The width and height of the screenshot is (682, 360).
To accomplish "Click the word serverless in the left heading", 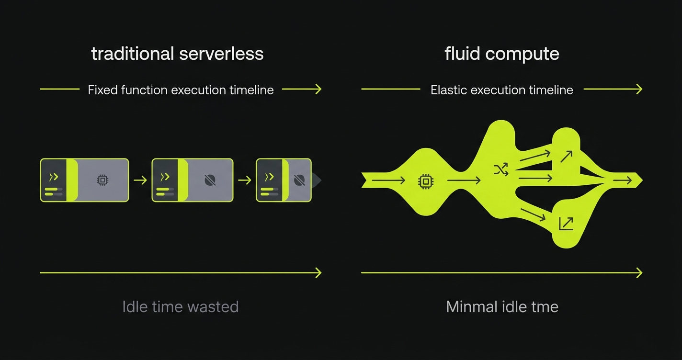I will pyautogui.click(x=221, y=54).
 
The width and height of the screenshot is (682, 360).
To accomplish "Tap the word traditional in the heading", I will pyautogui.click(x=132, y=54).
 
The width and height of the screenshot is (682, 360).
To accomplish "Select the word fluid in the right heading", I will pyautogui.click(x=462, y=54).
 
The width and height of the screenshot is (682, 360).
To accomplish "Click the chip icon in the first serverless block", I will pyautogui.click(x=102, y=180).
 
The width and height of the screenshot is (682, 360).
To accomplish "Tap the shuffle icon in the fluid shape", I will pyautogui.click(x=500, y=169).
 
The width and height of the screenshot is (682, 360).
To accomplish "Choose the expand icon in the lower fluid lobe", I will pyautogui.click(x=566, y=224).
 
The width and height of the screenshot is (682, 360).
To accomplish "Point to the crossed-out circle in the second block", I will pyautogui.click(x=210, y=180).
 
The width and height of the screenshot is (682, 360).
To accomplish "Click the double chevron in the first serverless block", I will pyautogui.click(x=54, y=177).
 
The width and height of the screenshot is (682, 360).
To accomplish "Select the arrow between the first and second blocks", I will pyautogui.click(x=140, y=180).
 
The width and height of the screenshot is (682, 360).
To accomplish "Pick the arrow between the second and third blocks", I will pyautogui.click(x=245, y=180).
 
